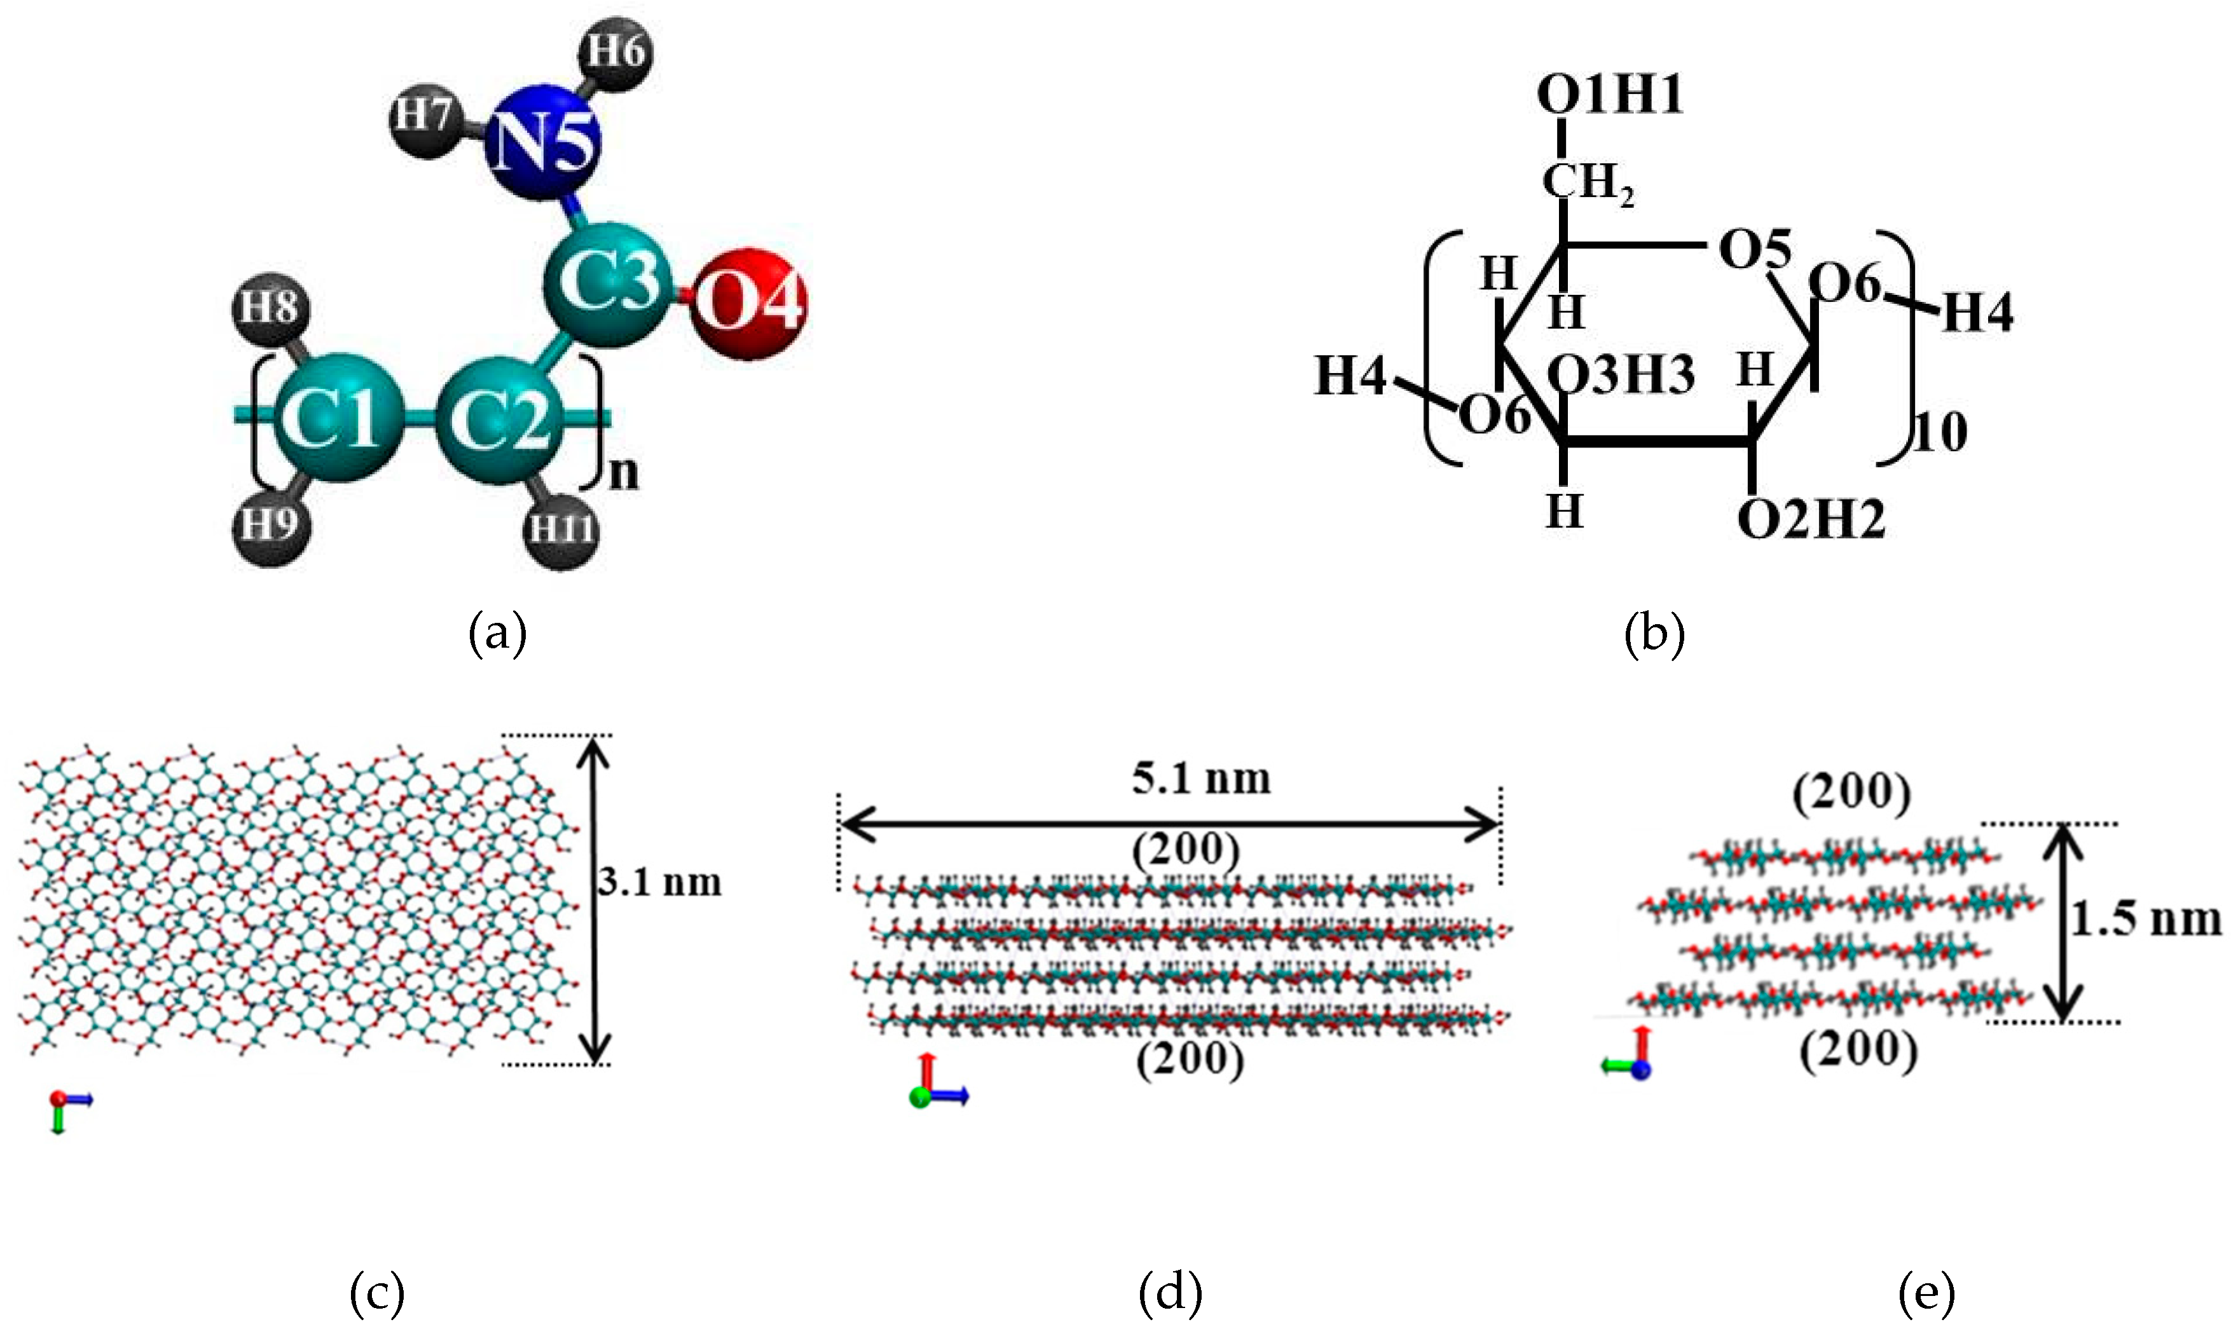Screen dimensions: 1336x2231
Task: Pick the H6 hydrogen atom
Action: click(x=617, y=52)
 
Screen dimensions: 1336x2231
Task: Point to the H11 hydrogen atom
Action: click(x=561, y=528)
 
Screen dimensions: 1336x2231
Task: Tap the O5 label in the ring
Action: click(x=1754, y=249)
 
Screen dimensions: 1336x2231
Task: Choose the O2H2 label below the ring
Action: click(x=1811, y=519)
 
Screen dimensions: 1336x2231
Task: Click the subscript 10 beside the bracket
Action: click(x=1941, y=433)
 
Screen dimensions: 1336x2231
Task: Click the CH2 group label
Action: click(x=1588, y=183)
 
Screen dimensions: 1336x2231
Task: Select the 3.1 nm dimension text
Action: click(x=661, y=882)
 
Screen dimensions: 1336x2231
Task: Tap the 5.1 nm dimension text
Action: click(x=1201, y=779)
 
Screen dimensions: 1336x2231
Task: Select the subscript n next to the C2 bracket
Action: click(x=623, y=473)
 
